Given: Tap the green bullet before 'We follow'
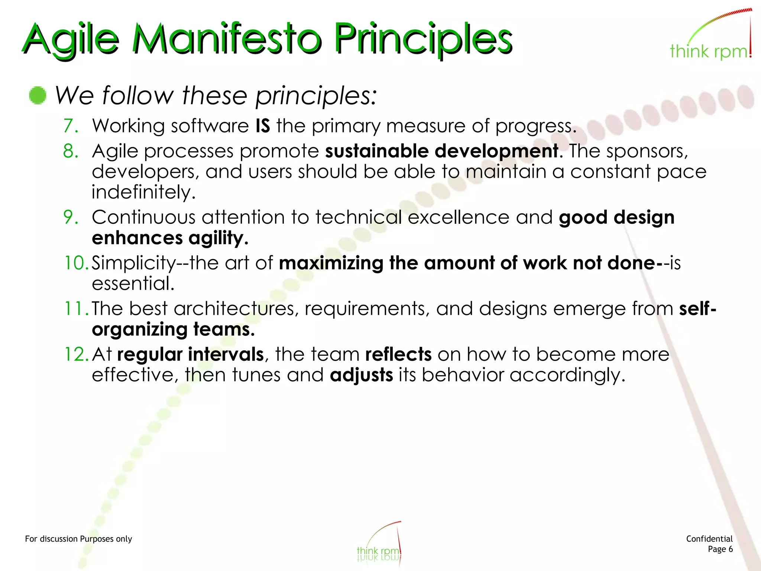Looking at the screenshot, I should pos(38,95).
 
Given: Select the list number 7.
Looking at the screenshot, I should pos(70,126).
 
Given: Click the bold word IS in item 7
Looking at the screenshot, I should pos(263,126).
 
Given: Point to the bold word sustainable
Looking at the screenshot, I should pos(377,151).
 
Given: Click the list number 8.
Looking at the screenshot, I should pos(70,151).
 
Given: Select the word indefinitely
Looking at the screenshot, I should pos(143,192).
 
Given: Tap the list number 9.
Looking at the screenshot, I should pos(70,217).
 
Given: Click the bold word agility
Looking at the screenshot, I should pos(218,238).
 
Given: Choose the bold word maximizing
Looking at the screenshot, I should pos(331,263).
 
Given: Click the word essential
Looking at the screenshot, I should pos(133,284).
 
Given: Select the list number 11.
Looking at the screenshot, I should pos(75,309).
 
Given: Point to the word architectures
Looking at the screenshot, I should pos(236,309).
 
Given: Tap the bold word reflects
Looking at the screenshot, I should pos(398,354).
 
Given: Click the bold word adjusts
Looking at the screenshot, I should pos(361,375).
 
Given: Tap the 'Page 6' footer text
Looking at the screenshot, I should pos(720,549).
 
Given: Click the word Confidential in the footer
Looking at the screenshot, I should pos(709,539).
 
